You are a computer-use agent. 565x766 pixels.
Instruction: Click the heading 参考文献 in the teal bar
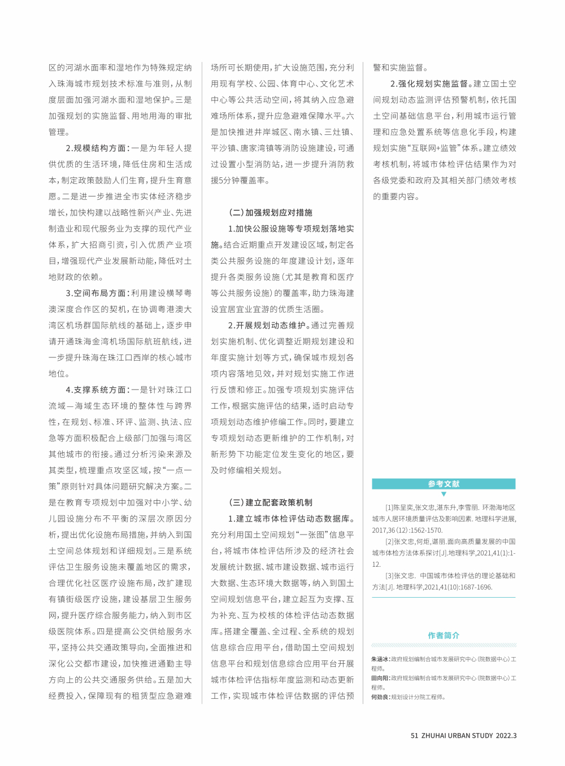(x=444, y=484)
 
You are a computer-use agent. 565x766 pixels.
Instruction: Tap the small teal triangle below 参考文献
(x=444, y=494)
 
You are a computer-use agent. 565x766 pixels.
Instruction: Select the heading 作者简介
(x=444, y=636)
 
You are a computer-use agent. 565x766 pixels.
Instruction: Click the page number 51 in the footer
(x=414, y=736)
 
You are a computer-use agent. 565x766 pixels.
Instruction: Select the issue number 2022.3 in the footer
(x=506, y=736)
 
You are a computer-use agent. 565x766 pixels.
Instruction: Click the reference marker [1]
(x=389, y=508)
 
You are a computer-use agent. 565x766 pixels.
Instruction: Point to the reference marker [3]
(x=389, y=576)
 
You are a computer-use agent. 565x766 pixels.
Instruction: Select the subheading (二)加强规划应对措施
(x=270, y=213)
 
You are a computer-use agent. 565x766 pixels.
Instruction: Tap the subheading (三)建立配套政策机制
(x=270, y=502)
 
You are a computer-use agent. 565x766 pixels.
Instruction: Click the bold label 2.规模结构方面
(x=97, y=148)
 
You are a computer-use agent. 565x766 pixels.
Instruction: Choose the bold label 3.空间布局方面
(x=97, y=293)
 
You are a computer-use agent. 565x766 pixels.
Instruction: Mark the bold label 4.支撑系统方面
(x=97, y=389)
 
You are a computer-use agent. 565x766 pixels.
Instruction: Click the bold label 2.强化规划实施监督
(x=429, y=84)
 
